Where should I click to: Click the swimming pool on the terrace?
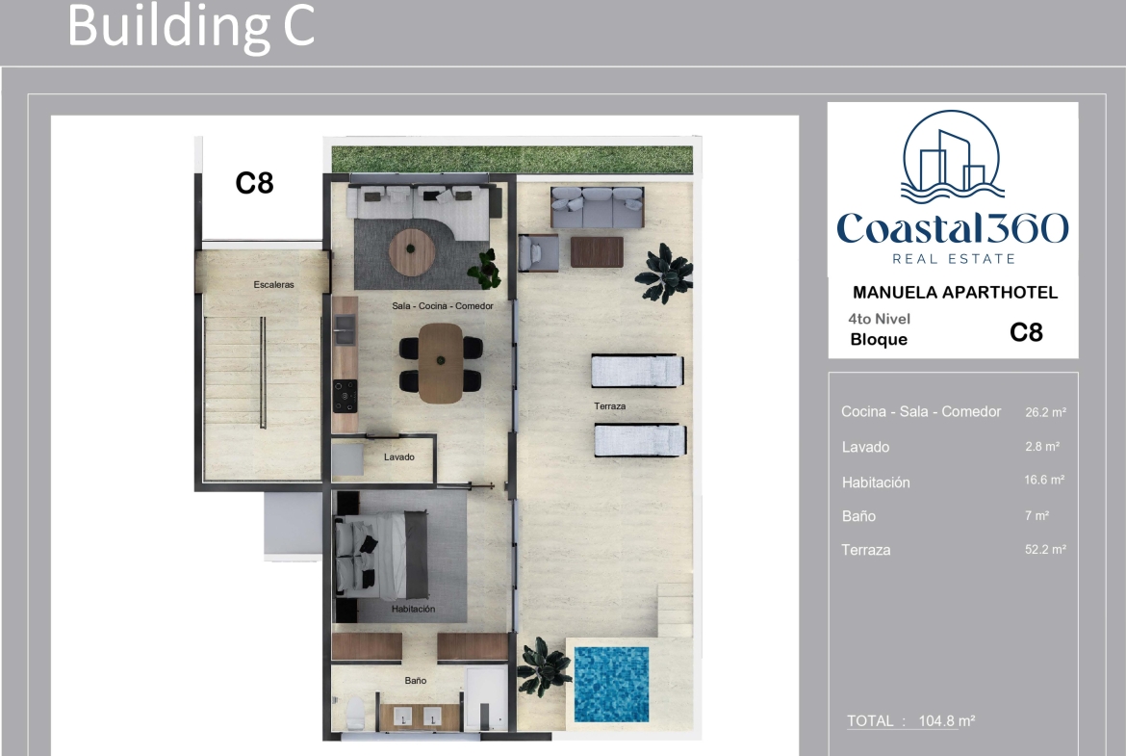point(611,684)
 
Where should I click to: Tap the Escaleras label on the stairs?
point(273,284)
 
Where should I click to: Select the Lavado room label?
point(398,457)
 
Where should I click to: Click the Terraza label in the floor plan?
point(610,406)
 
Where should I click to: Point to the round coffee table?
point(412,251)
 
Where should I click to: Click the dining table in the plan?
point(441,363)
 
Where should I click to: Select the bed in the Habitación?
point(380,555)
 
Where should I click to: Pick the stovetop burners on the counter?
point(345,395)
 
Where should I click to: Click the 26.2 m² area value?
point(1045,412)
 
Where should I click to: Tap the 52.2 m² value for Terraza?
point(1045,550)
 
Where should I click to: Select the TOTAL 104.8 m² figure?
point(910,720)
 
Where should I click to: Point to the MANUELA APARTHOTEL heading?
point(955,293)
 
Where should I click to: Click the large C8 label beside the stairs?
point(255,183)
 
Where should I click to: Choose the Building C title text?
point(191,26)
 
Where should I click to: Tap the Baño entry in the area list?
point(858,516)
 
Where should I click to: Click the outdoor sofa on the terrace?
point(597,207)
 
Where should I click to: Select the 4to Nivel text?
point(879,319)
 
